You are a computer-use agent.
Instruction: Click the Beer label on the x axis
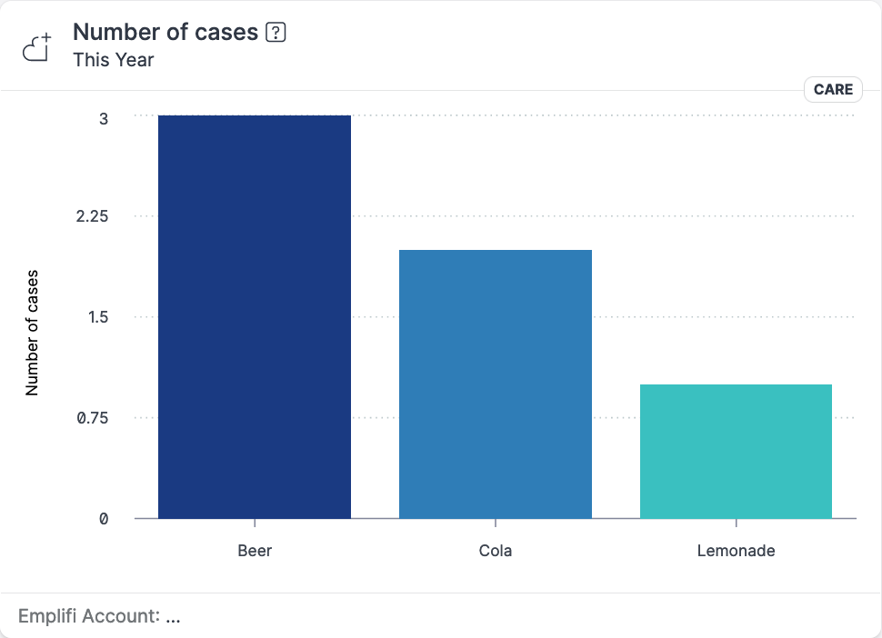pyautogui.click(x=255, y=551)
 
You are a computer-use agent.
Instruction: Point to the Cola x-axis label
pyautogui.click(x=496, y=551)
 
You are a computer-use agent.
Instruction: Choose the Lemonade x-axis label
pyautogui.click(x=736, y=551)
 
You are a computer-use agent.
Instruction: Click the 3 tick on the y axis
pyautogui.click(x=104, y=118)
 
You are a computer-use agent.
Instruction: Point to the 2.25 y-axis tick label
pyautogui.click(x=93, y=216)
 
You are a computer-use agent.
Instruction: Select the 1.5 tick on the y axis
pyautogui.click(x=97, y=317)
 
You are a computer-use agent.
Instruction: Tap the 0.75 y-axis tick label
pyautogui.click(x=93, y=418)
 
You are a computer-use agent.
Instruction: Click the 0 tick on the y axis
pyautogui.click(x=104, y=518)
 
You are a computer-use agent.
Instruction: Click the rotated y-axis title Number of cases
pyautogui.click(x=33, y=332)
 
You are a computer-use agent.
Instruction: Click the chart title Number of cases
pyautogui.click(x=165, y=32)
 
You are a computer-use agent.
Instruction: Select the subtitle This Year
pyautogui.click(x=114, y=60)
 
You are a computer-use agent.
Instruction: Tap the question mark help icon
pyautogui.click(x=276, y=33)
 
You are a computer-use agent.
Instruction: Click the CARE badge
pyautogui.click(x=833, y=89)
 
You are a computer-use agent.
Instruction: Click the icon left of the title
pyautogui.click(x=37, y=47)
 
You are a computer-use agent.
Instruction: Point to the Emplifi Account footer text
pyautogui.click(x=99, y=616)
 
